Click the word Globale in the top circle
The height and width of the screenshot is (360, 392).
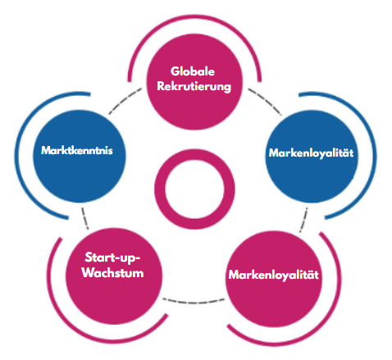[193, 71]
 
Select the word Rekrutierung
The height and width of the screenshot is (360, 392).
[194, 87]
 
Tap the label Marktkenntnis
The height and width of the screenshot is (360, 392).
[77, 150]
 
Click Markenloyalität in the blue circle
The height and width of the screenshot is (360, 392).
[311, 153]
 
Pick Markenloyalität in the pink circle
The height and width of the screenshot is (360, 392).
[274, 275]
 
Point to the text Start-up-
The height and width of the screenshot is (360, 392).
[112, 257]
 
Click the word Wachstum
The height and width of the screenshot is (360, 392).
[112, 273]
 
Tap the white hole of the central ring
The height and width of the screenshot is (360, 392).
[194, 189]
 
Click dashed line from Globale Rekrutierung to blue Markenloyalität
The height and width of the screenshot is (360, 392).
[265, 100]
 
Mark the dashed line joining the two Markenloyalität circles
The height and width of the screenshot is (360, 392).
[303, 220]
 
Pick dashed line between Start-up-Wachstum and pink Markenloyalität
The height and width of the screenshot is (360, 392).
[194, 302]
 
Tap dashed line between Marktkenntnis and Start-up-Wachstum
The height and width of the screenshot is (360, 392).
[85, 218]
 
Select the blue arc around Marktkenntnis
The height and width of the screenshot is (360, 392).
[16, 156]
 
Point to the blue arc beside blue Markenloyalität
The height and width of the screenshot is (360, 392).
[374, 156]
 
